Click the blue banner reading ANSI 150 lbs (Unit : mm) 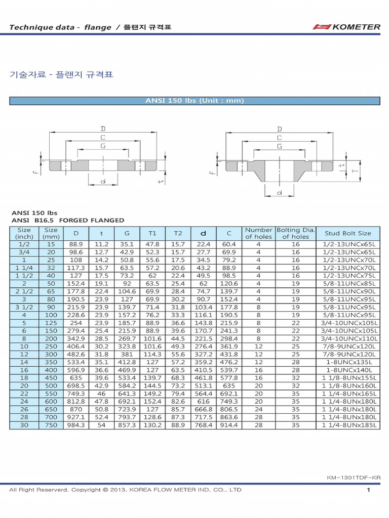(194, 101)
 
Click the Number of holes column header (258, 233)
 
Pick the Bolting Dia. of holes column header (295, 233)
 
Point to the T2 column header (178, 233)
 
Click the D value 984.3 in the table (76, 425)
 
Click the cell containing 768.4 (204, 425)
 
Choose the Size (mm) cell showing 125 (51, 323)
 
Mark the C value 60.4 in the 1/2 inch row (229, 244)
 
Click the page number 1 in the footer (369, 490)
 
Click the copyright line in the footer (125, 490)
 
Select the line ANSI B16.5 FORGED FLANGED (68, 220)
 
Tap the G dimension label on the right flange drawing (280, 146)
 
